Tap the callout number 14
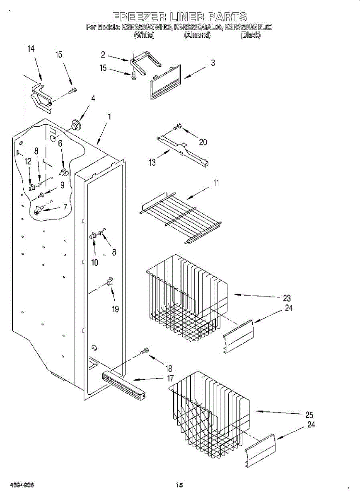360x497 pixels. (31, 49)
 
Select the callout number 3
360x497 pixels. (213, 63)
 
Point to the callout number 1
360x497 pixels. (109, 117)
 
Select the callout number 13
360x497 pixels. (152, 162)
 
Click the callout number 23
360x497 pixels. (287, 298)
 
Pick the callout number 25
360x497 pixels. (309, 415)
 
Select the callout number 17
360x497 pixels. (170, 378)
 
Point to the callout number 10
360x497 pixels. (94, 262)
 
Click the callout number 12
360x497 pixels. (28, 162)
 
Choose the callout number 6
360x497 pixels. (60, 144)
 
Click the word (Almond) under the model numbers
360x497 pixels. (197, 36)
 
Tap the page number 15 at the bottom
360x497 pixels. (179, 485)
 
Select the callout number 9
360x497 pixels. (62, 186)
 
